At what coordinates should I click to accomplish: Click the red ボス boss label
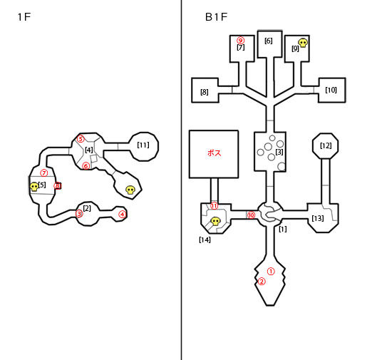(215, 153)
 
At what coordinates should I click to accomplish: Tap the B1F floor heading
(216, 17)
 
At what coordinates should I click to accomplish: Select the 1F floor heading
(24, 17)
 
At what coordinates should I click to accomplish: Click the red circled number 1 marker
(271, 272)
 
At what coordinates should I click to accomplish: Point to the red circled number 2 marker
(262, 282)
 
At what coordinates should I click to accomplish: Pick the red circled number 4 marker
(122, 215)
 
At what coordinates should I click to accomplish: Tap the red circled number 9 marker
(241, 41)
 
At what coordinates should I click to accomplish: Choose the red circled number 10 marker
(251, 215)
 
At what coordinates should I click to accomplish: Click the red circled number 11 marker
(215, 206)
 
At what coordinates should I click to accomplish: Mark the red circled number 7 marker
(43, 173)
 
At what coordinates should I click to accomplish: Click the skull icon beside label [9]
(303, 43)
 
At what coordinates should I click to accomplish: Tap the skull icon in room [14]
(216, 222)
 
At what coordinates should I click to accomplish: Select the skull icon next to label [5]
(34, 187)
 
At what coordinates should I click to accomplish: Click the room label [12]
(326, 145)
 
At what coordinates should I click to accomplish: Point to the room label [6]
(269, 41)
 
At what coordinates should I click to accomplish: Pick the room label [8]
(205, 92)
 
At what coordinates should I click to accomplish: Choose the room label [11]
(143, 145)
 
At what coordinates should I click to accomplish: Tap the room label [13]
(318, 218)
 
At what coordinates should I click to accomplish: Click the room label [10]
(331, 90)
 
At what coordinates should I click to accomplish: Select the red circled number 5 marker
(81, 139)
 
